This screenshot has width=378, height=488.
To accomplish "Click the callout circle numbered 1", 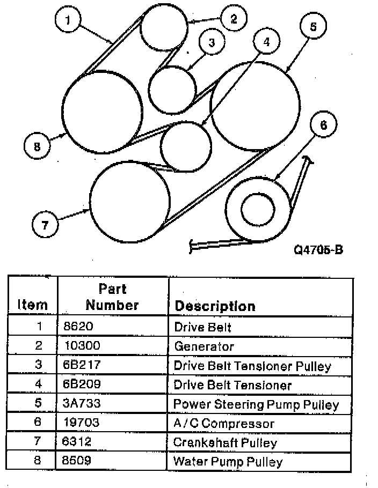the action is [68, 22].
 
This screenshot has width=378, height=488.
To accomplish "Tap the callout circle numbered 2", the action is [233, 19].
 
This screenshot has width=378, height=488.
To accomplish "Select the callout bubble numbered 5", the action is [314, 27].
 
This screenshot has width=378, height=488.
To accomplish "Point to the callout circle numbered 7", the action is [45, 225].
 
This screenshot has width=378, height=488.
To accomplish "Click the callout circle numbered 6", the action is [323, 125].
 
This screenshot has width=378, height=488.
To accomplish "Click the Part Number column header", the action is [112, 297].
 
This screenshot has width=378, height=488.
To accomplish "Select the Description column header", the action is [215, 306].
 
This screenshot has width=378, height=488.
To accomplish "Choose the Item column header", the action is [32, 305].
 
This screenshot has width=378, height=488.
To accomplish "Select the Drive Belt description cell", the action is [202, 327].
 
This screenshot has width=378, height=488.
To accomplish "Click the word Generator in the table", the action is [204, 346].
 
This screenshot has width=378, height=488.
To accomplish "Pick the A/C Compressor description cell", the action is [224, 423].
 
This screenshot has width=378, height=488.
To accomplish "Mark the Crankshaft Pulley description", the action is [226, 442].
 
